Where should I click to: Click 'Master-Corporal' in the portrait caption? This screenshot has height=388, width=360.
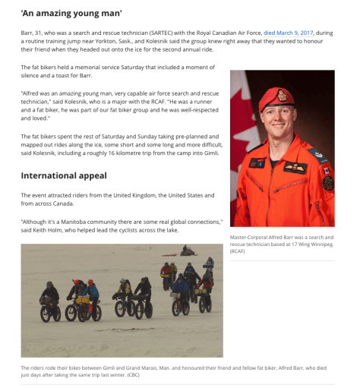click(249, 237)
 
